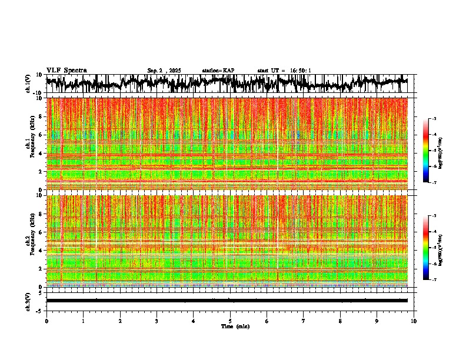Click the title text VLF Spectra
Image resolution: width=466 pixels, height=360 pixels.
[66, 70]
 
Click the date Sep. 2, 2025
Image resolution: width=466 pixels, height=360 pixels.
[164, 71]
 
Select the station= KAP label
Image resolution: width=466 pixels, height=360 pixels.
[218, 71]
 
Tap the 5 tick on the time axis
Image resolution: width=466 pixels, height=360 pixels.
[230, 321]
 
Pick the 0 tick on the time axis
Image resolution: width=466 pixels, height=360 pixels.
[46, 321]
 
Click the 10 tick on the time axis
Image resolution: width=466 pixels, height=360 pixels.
[414, 321]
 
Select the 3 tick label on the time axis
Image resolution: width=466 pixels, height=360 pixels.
[157, 321]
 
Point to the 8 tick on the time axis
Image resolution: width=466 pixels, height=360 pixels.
[340, 321]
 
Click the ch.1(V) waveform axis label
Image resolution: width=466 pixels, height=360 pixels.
[28, 84]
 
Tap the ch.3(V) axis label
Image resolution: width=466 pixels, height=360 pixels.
[28, 301]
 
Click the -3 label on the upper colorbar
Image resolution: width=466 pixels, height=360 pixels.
[434, 119]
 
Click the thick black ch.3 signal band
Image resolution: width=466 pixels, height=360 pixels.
[227, 301]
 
